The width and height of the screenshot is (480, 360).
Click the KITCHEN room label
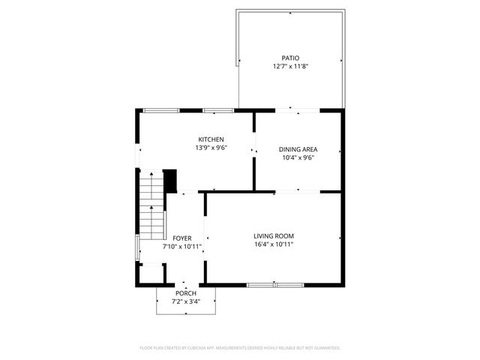pos(211,139)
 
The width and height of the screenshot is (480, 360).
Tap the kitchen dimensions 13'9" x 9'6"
pos(211,148)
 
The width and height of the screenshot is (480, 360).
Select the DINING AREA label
pos(297,149)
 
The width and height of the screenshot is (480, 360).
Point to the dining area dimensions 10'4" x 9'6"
pos(297,157)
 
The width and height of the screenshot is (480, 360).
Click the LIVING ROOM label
pos(273,235)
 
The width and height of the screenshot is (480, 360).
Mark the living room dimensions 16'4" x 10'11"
pos(273,244)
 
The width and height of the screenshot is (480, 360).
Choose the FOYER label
pos(182,238)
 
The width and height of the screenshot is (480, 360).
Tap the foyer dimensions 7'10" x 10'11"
pos(182,246)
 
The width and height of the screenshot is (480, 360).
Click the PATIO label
pos(290,58)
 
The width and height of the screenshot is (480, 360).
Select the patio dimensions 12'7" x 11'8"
pos(290,66)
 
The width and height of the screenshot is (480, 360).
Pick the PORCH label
pos(186,292)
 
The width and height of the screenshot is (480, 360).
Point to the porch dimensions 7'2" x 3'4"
pos(186,301)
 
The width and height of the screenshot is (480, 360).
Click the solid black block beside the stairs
pos(169,181)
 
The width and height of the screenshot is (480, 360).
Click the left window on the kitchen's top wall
pos(161,111)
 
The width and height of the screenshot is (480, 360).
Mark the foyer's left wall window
pos(136,247)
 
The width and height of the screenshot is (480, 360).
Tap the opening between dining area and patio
pos(298,111)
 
